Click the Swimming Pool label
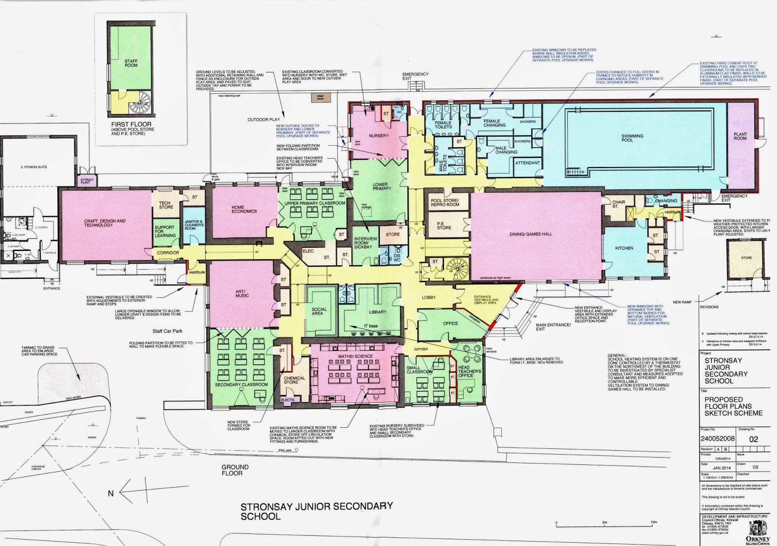pos(632,138)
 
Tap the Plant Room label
pos(740,136)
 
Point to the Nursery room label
pos(379,136)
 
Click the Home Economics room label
pos(244,209)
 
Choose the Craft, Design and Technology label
pos(104,223)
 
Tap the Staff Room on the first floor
pos(131,63)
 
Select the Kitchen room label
pos(624,248)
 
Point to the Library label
pos(377,312)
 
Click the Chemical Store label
pos(294,380)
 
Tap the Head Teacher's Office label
pos(469,372)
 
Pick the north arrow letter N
pos(111,493)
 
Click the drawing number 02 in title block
pos(753,439)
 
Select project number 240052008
pos(717,439)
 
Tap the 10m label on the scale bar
pos(654,522)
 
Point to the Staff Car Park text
pos(168,331)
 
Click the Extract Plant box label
pos(87,181)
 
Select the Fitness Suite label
pos(34,167)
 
